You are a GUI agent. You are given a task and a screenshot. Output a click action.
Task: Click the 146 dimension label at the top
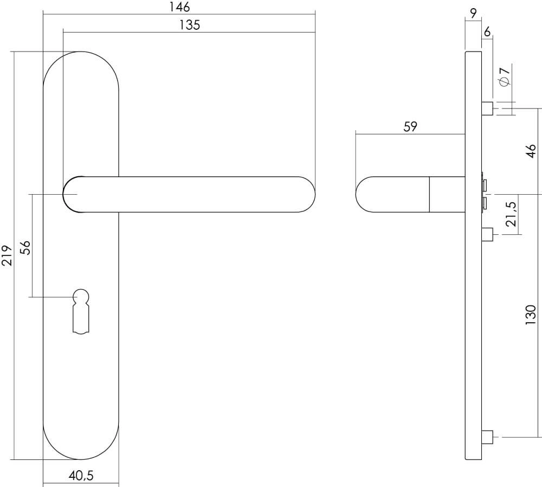(x=179, y=7)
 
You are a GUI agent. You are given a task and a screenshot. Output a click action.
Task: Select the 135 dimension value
(x=189, y=25)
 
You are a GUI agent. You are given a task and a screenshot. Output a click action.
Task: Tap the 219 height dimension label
(x=7, y=255)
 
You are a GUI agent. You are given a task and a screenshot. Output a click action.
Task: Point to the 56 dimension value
(x=25, y=247)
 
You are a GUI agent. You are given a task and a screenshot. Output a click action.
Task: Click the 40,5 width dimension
(x=81, y=476)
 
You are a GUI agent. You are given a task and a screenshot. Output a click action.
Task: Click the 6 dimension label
(x=487, y=32)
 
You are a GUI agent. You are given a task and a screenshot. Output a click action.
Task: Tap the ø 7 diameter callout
(x=504, y=76)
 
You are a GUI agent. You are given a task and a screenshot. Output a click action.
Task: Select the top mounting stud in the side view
(x=487, y=108)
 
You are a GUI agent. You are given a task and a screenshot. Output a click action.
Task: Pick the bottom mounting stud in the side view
(x=487, y=436)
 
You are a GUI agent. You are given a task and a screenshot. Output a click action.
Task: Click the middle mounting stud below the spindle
(x=487, y=234)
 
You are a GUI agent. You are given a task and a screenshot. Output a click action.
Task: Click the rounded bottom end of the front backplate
(x=81, y=445)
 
